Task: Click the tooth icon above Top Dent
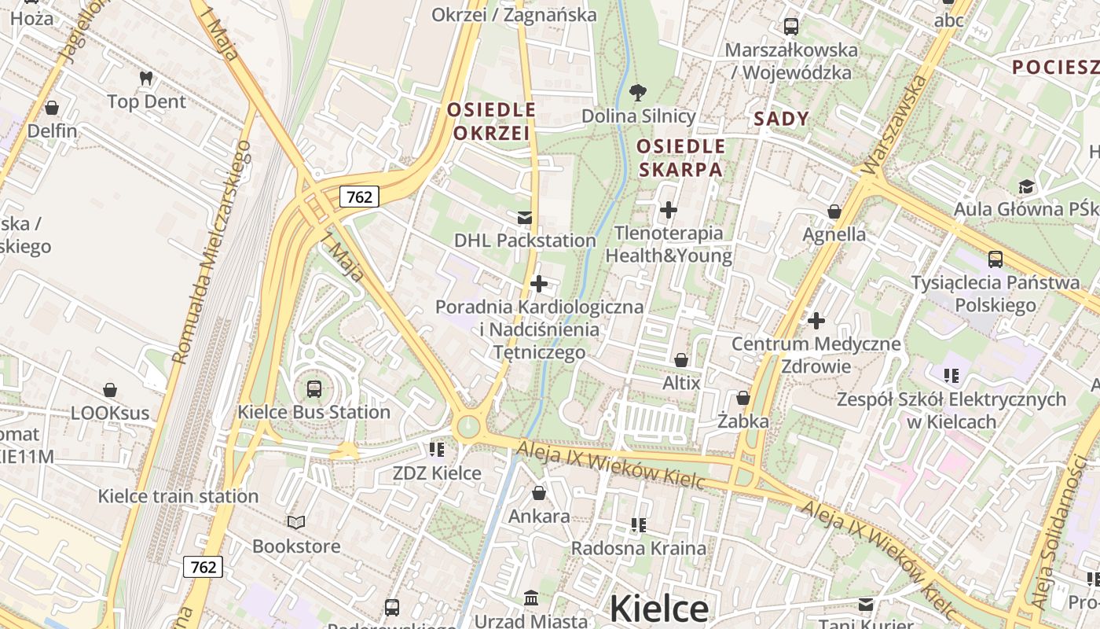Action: coord(145,78)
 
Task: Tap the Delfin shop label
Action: coord(52,131)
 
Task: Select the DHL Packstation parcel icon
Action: coord(525,217)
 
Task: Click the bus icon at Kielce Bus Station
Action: coord(313,388)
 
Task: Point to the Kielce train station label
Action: coord(178,496)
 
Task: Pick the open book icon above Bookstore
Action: coord(296,522)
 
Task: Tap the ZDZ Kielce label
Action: coord(437,473)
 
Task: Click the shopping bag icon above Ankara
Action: coord(538,493)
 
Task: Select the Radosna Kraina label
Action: coord(638,548)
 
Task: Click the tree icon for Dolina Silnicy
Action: coord(638,93)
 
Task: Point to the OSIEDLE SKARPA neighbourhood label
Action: coord(680,158)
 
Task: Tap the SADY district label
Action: coord(781,119)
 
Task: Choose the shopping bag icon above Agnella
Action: coord(834,212)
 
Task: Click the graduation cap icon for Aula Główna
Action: coord(1026,187)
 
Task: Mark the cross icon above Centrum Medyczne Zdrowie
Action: coord(816,320)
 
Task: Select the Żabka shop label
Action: coord(743,421)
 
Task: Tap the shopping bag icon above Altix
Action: coord(681,360)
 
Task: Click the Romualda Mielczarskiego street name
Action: coord(212,252)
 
